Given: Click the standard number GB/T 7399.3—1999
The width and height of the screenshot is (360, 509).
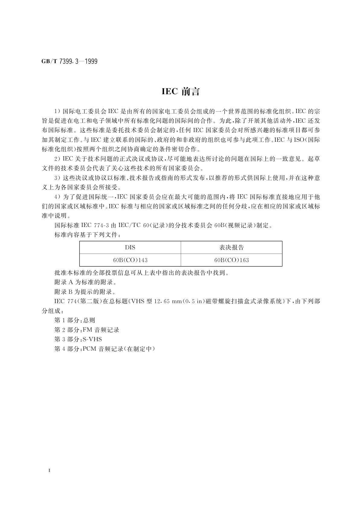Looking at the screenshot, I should point(69,62).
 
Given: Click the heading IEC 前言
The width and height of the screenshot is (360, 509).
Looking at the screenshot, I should point(181,92).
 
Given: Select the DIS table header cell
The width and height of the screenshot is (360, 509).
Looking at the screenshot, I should point(130,248).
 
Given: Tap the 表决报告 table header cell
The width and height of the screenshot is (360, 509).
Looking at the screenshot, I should point(231,248).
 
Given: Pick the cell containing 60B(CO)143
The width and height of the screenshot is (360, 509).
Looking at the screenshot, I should point(130,260).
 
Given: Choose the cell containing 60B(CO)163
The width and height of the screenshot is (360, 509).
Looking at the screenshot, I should point(231,260).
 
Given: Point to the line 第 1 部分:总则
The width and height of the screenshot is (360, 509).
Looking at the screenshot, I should point(75,320).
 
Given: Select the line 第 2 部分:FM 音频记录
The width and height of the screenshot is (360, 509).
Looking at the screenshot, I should point(87,330).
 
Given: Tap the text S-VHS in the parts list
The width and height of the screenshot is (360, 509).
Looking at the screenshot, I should point(92,339).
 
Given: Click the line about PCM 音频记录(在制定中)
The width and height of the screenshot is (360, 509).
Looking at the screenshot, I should point(105,349).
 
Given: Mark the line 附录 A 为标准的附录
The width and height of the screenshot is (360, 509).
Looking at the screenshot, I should point(86,282).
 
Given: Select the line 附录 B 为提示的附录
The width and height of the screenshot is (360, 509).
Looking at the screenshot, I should point(85,292).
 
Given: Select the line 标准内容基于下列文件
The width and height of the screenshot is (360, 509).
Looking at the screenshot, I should point(86,235).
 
